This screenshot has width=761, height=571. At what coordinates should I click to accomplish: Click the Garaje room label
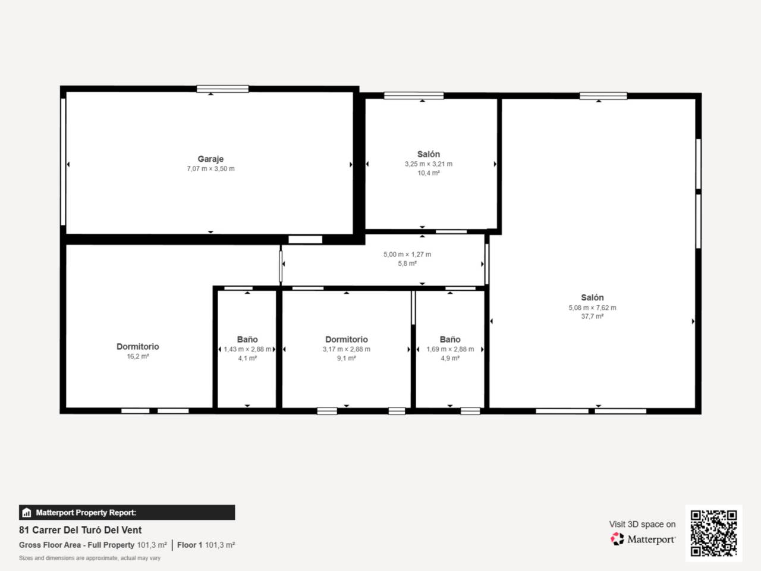pyautogui.click(x=210, y=159)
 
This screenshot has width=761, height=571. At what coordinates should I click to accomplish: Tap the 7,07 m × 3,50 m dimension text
pyautogui.click(x=210, y=169)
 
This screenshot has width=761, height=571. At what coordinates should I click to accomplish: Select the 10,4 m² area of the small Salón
pyautogui.click(x=428, y=173)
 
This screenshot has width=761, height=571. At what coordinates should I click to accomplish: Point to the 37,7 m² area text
pyautogui.click(x=592, y=316)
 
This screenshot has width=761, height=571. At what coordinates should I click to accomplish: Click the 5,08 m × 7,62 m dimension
pyautogui.click(x=592, y=308)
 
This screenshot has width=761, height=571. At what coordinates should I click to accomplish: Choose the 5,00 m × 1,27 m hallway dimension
pyautogui.click(x=407, y=254)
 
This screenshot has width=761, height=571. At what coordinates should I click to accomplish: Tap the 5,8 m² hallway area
pyautogui.click(x=407, y=263)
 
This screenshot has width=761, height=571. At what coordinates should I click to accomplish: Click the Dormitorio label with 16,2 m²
pyautogui.click(x=137, y=346)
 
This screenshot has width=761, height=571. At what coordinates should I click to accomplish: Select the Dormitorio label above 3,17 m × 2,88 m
pyautogui.click(x=347, y=339)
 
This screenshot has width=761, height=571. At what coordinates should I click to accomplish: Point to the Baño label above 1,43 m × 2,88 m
pyautogui.click(x=247, y=339)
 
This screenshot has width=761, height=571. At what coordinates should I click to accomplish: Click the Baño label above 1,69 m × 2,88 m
pyautogui.click(x=450, y=339)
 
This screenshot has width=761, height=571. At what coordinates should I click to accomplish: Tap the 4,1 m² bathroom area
pyautogui.click(x=247, y=359)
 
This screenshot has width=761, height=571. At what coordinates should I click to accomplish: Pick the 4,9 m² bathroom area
pyautogui.click(x=450, y=359)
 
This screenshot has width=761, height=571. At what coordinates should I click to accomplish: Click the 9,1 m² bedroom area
pyautogui.click(x=347, y=359)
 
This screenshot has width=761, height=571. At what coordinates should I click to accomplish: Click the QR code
pyautogui.click(x=713, y=533)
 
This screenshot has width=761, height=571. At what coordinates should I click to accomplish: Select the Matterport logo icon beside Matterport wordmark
pyautogui.click(x=617, y=539)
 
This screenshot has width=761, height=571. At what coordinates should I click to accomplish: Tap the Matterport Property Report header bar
pyautogui.click(x=127, y=512)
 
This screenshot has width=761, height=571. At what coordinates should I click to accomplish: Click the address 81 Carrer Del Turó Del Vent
pyautogui.click(x=80, y=530)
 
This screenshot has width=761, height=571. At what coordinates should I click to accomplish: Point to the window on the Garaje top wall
pyautogui.click(x=222, y=89)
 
